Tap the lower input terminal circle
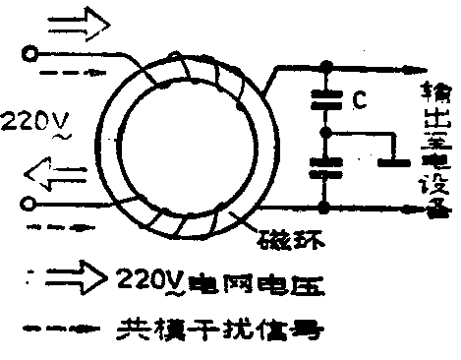pyautogui.click(x=29, y=205)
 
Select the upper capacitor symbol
pyautogui.click(x=323, y=98)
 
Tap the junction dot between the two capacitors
pyautogui.click(x=323, y=131)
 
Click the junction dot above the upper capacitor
pyautogui.click(x=323, y=67)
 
